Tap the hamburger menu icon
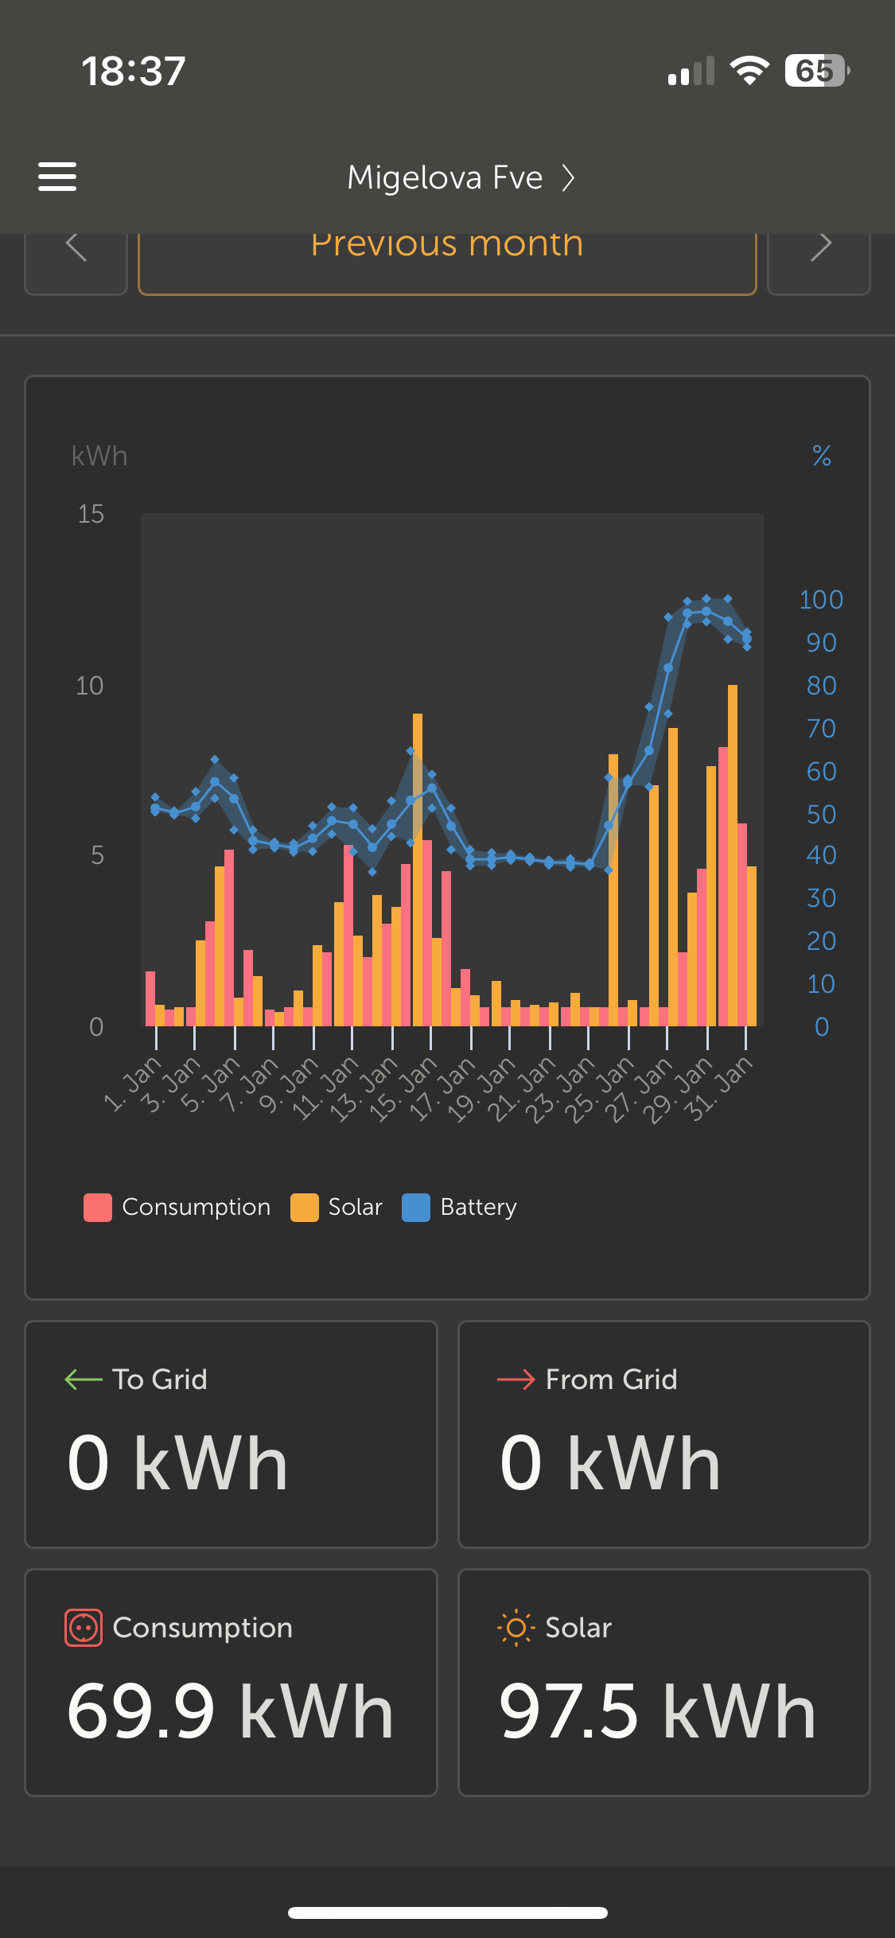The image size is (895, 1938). tap(57, 177)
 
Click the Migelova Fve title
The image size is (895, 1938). tap(445, 177)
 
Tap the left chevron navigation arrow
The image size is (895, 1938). tap(76, 247)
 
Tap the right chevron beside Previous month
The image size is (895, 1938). tap(819, 247)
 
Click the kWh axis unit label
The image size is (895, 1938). tap(99, 456)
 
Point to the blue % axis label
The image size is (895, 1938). tap(821, 456)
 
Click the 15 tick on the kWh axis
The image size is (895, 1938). tap(91, 514)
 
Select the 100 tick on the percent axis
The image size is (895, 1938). tap(820, 600)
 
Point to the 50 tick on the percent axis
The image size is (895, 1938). tap(821, 815)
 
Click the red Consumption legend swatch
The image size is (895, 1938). tap(98, 1207)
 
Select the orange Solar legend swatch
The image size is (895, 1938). tap(305, 1207)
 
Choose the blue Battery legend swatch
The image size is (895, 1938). tap(416, 1207)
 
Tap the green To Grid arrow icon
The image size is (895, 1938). tap(84, 1379)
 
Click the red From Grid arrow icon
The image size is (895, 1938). tap(516, 1379)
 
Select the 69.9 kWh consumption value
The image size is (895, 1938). tap(231, 1711)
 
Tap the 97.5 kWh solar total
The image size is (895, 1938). tap(657, 1711)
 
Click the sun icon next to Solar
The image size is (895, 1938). tap(516, 1628)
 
